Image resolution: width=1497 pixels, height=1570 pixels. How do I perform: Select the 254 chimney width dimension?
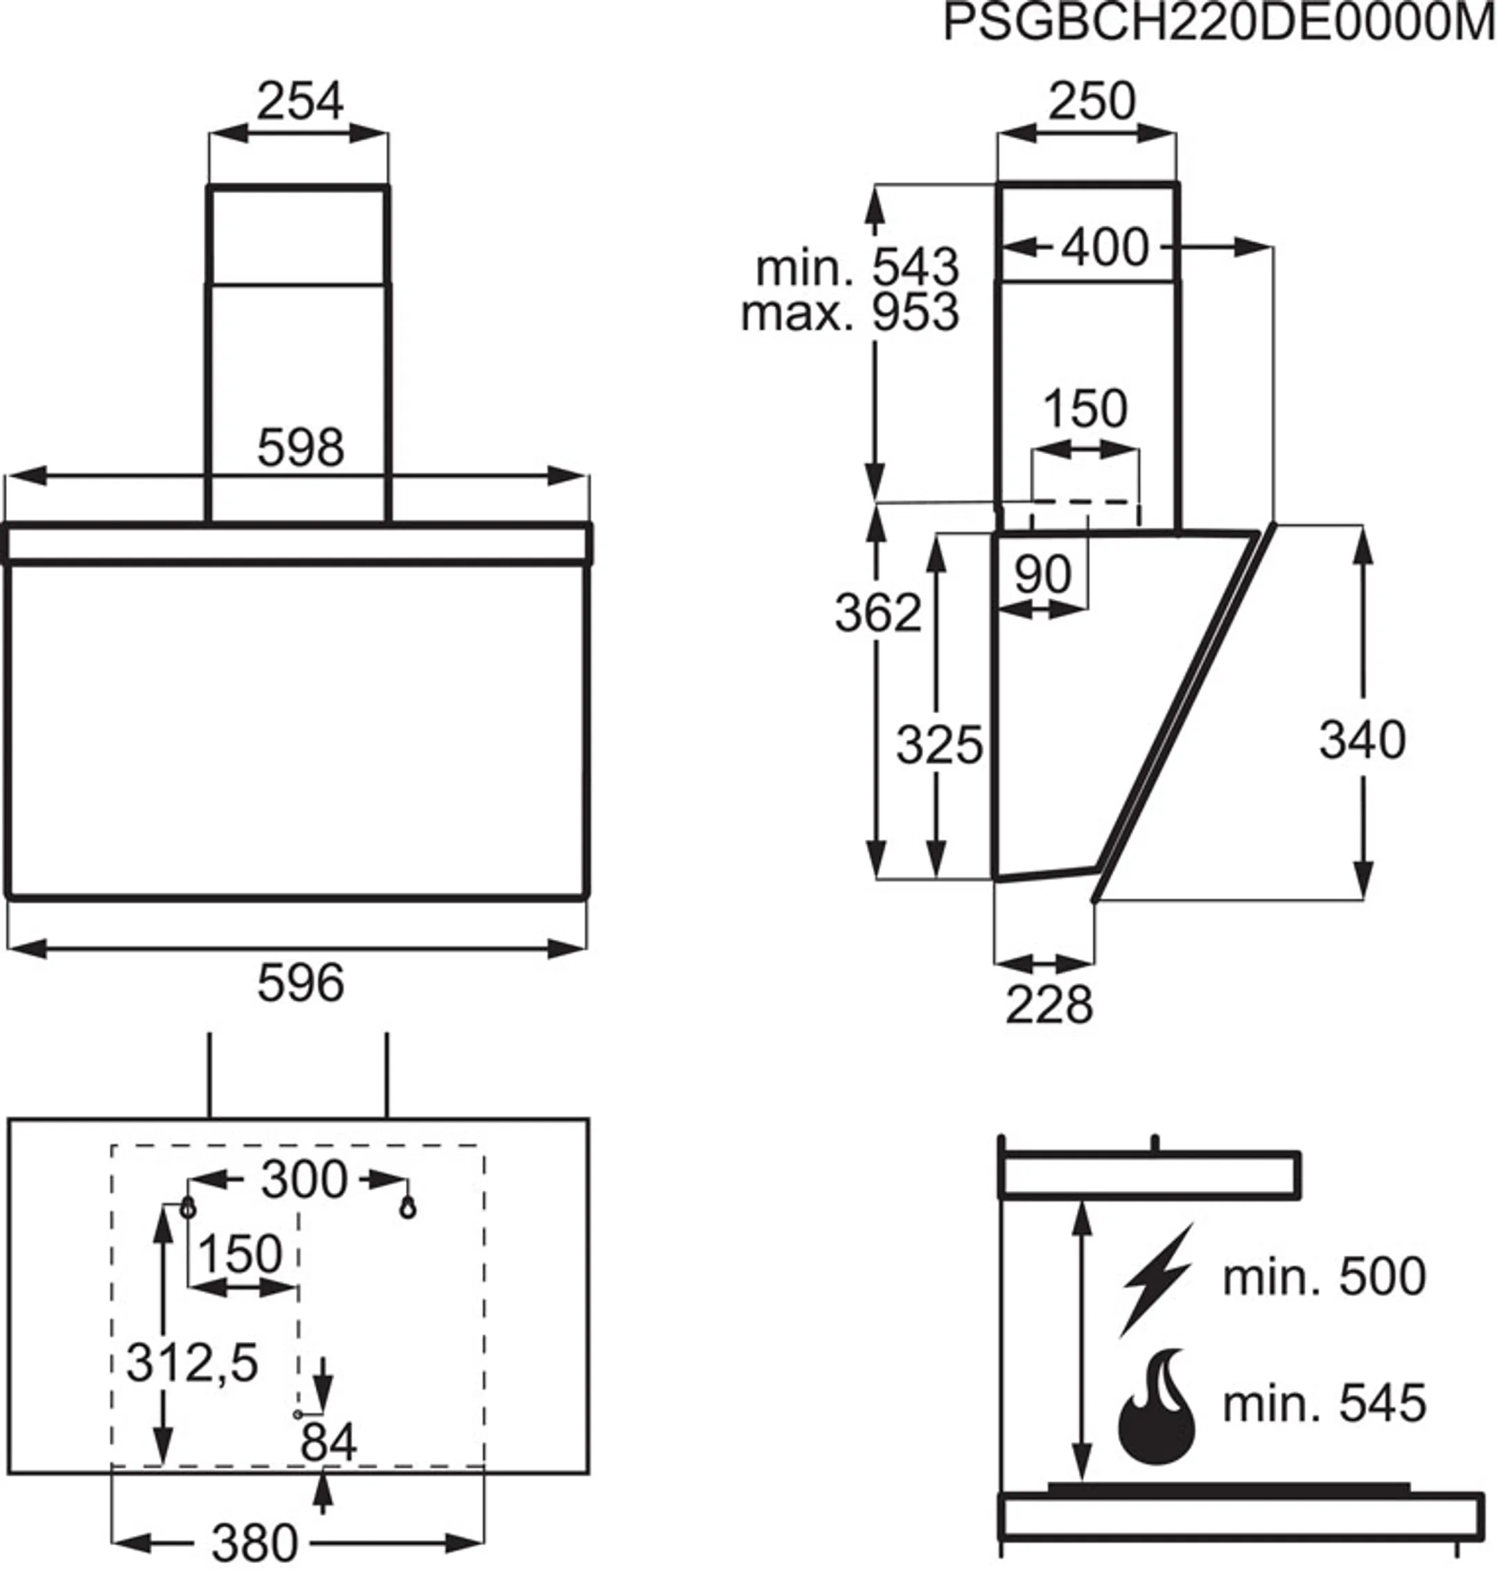coord(300,101)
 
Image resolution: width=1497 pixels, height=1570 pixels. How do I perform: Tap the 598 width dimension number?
coord(300,448)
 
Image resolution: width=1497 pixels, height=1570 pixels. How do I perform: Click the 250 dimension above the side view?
coord(1091,101)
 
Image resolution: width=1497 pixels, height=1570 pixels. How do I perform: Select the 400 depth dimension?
coord(1105,247)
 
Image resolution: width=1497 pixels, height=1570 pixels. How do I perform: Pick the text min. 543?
coord(857,268)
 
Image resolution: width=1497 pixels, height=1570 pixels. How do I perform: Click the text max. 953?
coord(850,312)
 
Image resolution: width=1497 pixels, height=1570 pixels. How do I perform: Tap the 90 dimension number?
coord(1043,574)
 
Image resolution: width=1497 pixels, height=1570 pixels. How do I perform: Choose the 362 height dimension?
coord(878,613)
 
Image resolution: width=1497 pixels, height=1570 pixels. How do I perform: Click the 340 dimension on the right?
coord(1361,740)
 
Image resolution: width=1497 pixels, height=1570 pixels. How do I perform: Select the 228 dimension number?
coord(1049,1005)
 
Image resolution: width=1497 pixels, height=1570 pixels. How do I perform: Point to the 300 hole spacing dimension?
coord(304,1180)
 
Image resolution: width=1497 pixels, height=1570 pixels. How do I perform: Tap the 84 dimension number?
coord(328,1442)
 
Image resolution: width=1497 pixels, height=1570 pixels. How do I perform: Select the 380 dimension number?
coord(254,1543)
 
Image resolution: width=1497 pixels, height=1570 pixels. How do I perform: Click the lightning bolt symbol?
coord(1159,1280)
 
